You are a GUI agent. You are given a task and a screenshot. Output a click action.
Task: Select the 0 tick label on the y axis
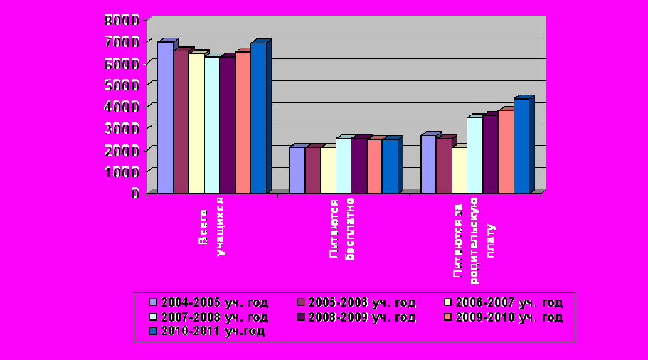coord(134,193)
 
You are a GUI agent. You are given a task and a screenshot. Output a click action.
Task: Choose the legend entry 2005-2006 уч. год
coord(356,302)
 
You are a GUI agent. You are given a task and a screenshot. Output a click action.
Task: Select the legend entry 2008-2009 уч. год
coord(356,317)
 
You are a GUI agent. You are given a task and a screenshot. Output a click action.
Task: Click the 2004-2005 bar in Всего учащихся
coord(165,117)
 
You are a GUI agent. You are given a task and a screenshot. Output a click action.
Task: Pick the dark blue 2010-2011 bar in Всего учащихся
coord(257,117)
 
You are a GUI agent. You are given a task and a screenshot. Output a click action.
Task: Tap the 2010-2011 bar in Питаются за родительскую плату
coord(521,145)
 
